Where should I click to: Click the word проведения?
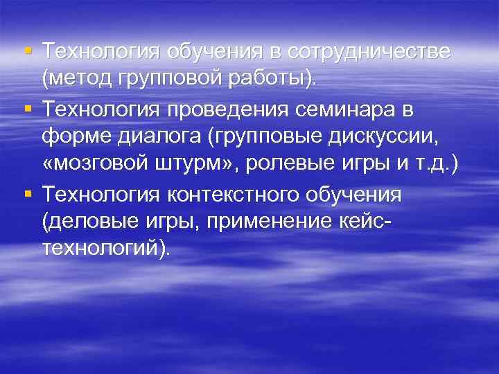[x=227, y=109]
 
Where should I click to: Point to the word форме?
[x=71, y=137]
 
